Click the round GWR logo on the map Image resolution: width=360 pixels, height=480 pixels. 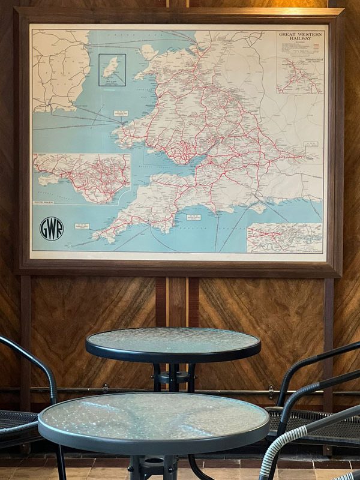52,229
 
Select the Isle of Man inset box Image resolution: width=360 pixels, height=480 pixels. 112,70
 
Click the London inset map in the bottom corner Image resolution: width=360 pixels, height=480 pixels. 284,238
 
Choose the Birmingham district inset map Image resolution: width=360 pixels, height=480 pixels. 299,76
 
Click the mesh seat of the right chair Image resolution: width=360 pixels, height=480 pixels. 312,420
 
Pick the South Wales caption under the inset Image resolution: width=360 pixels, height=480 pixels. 47,203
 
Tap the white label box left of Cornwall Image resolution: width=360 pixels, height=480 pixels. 82,226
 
